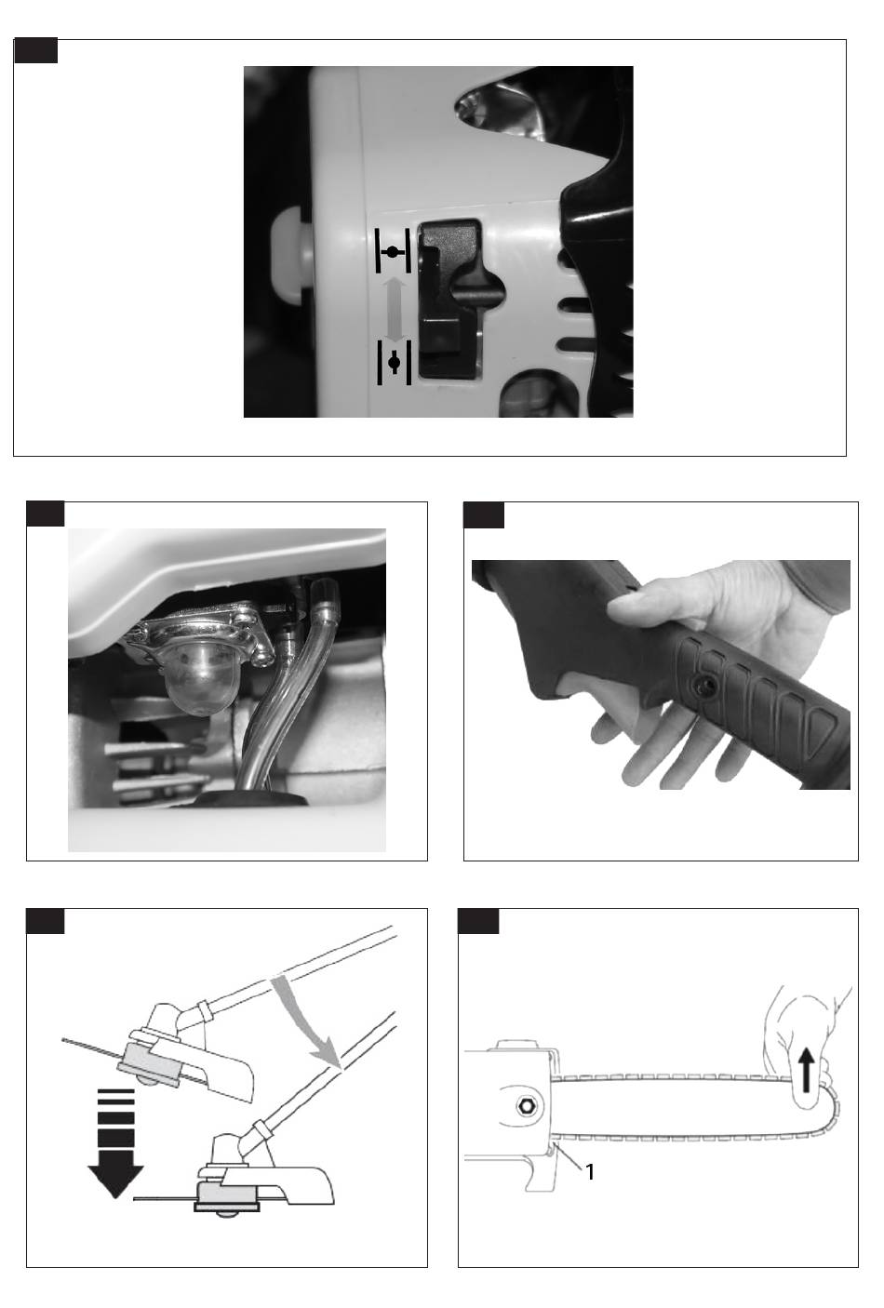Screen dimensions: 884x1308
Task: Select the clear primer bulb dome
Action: tap(191, 679)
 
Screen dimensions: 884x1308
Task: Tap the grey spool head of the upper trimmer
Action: tap(151, 1058)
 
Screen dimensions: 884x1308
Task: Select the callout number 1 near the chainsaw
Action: tap(590, 1172)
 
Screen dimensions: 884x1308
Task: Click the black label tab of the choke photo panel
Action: tap(35, 50)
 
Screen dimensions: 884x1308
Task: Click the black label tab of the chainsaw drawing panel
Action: tap(478, 921)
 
